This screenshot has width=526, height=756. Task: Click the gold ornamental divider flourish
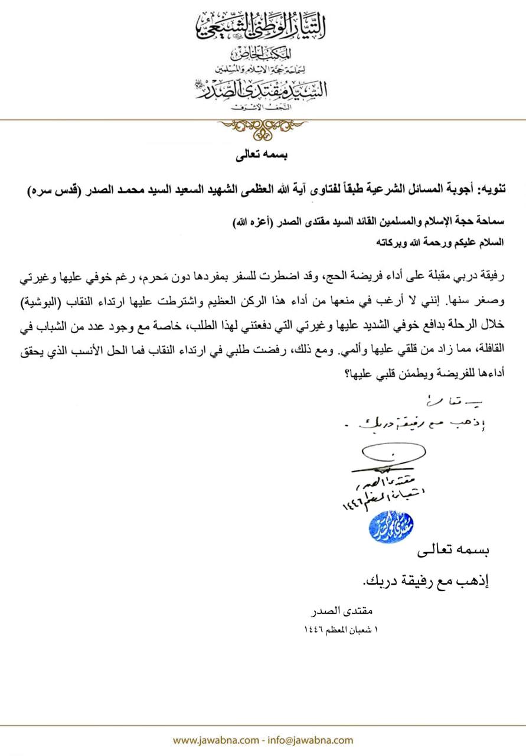(x=262, y=125)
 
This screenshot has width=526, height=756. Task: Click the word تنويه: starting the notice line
(x=491, y=190)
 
